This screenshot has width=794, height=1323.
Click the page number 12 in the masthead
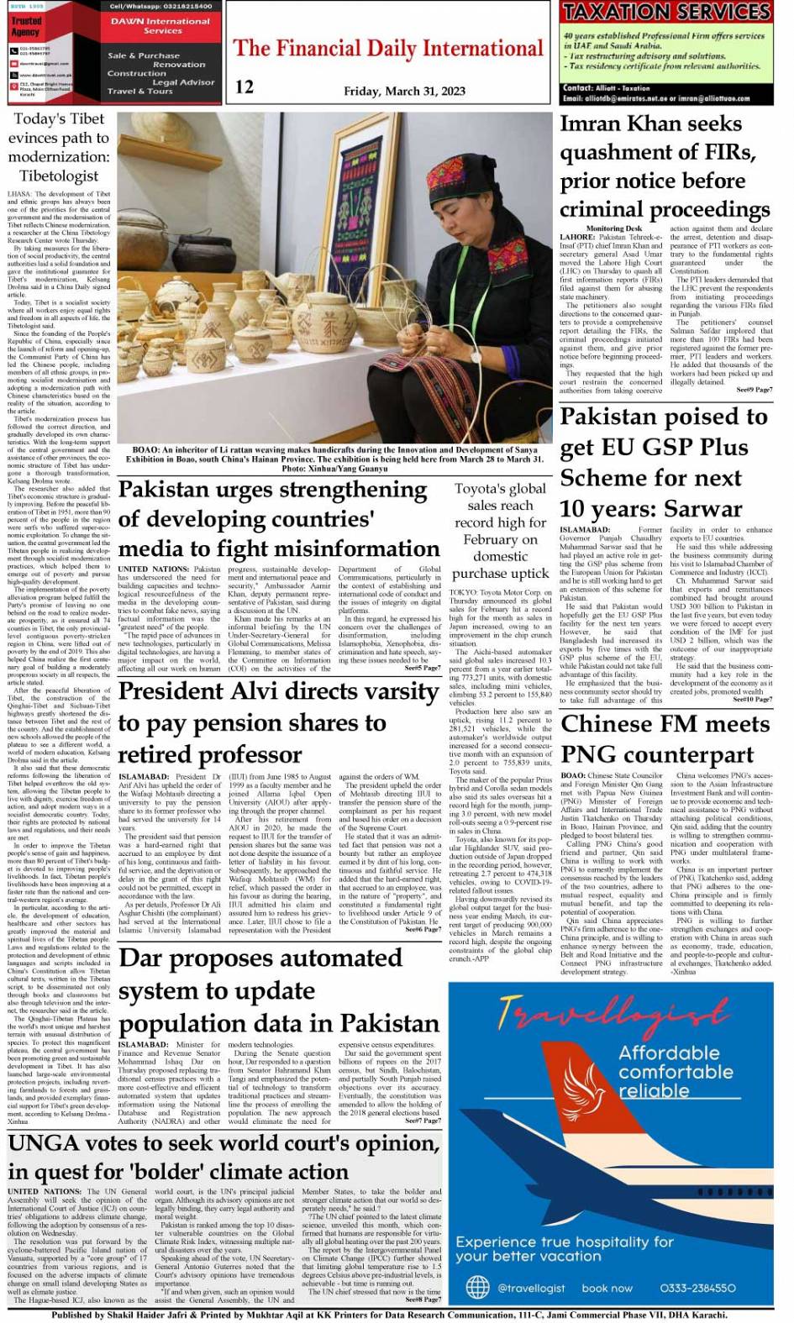[245, 86]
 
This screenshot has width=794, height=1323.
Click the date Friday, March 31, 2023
[404, 92]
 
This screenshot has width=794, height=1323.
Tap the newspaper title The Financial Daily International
[388, 49]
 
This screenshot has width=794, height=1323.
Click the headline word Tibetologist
[59, 176]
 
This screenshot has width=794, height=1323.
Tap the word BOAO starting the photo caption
[145, 449]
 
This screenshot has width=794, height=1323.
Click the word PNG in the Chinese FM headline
[587, 753]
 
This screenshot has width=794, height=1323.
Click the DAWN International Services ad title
[161, 25]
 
